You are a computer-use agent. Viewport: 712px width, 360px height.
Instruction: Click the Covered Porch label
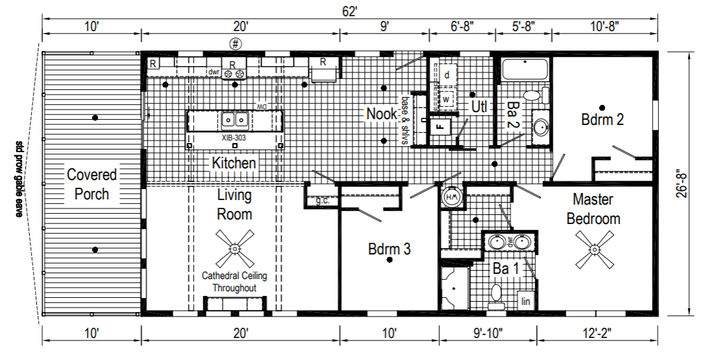[92, 184]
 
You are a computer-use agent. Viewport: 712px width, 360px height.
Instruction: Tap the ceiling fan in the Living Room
[235, 249]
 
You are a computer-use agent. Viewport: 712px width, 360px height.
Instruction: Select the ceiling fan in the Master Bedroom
[594, 249]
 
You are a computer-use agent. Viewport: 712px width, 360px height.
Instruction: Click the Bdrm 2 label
[603, 119]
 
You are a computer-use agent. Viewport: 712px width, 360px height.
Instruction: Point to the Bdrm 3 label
[389, 249]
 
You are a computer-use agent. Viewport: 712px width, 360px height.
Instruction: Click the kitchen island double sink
[235, 119]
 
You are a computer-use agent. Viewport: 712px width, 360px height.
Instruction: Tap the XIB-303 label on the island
[234, 137]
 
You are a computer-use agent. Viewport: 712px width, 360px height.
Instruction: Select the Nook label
[382, 113]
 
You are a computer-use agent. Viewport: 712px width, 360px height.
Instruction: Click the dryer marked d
[446, 74]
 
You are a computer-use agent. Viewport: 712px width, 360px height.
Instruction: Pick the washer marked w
[446, 98]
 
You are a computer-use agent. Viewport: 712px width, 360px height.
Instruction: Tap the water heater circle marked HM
[452, 197]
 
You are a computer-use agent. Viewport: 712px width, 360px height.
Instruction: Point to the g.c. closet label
[322, 200]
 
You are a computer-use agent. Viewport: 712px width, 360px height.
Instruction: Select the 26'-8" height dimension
[680, 184]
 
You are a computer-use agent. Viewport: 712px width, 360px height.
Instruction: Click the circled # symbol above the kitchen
[235, 44]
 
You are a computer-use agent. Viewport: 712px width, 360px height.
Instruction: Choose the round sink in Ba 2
[540, 127]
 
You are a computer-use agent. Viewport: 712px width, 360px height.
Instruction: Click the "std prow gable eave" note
[19, 179]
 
